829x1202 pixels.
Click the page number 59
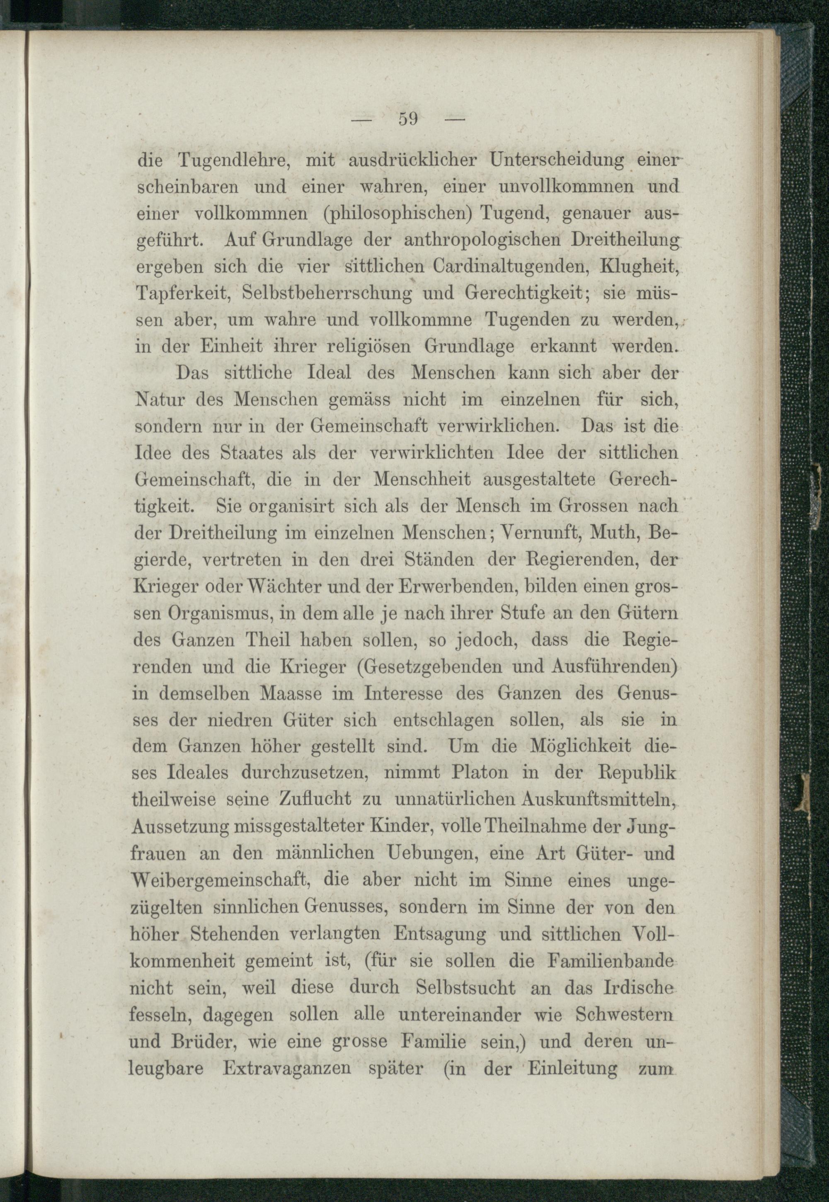pyautogui.click(x=408, y=119)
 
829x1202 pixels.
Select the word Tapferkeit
pyautogui.click(x=183, y=294)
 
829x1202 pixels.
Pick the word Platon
pyautogui.click(x=480, y=773)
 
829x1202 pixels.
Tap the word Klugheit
pyautogui.click(x=640, y=267)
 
